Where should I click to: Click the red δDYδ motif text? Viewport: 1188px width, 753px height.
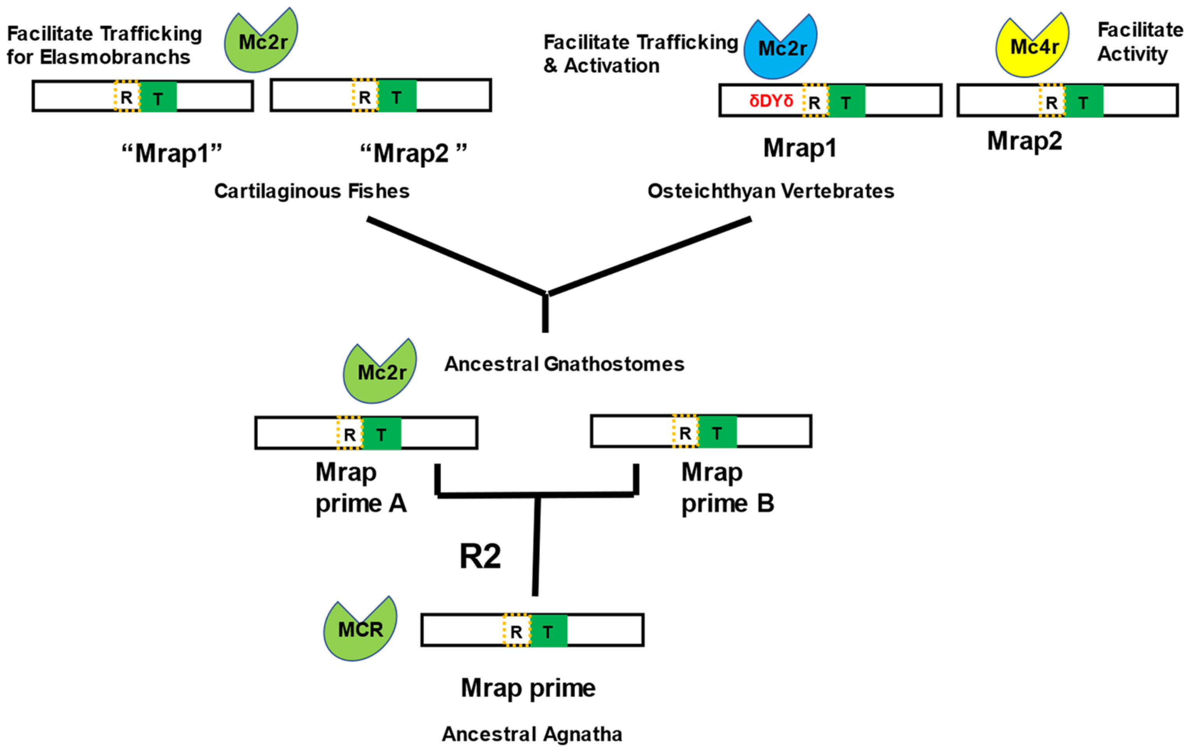pos(771,101)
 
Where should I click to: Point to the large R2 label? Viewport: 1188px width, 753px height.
pos(480,556)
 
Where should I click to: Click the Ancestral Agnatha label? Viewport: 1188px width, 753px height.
pos(532,734)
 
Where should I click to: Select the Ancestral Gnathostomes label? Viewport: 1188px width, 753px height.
pos(564,364)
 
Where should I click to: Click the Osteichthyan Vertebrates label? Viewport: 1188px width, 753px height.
pos(770,191)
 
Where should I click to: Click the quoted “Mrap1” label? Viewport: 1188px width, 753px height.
pos(171,153)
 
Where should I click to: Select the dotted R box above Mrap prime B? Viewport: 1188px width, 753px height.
pos(685,432)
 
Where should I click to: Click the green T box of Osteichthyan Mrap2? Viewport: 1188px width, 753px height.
pos(1083,102)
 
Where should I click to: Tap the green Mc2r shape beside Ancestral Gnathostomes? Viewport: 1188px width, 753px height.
pos(380,373)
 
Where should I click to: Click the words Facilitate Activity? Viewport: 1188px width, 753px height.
pos(1139,42)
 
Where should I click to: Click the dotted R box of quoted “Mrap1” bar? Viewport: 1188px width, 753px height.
pos(127,97)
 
